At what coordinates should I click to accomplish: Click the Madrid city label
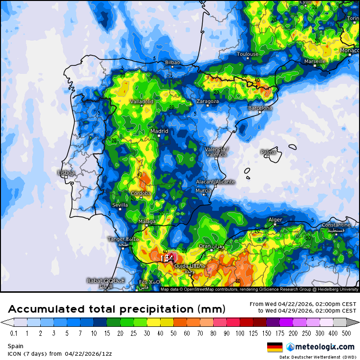pos(159,131)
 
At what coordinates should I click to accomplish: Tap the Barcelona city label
pos(260,108)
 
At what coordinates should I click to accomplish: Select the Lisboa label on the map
pos(66,173)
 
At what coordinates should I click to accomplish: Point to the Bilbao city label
pos(172,63)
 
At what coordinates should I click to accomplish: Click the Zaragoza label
pos(207,101)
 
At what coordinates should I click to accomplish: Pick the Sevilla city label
pos(120,205)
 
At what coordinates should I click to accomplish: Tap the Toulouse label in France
pos(248,54)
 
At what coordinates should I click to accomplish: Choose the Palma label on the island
pos(268,152)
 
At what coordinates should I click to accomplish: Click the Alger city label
pos(275,220)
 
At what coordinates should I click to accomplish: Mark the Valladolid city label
pos(142,101)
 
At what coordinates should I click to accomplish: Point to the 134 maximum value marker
pos(167,258)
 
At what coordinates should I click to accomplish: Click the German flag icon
pos(275,347)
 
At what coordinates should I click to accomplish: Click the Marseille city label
pos(315,62)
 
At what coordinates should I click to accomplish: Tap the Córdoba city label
pos(141,193)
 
